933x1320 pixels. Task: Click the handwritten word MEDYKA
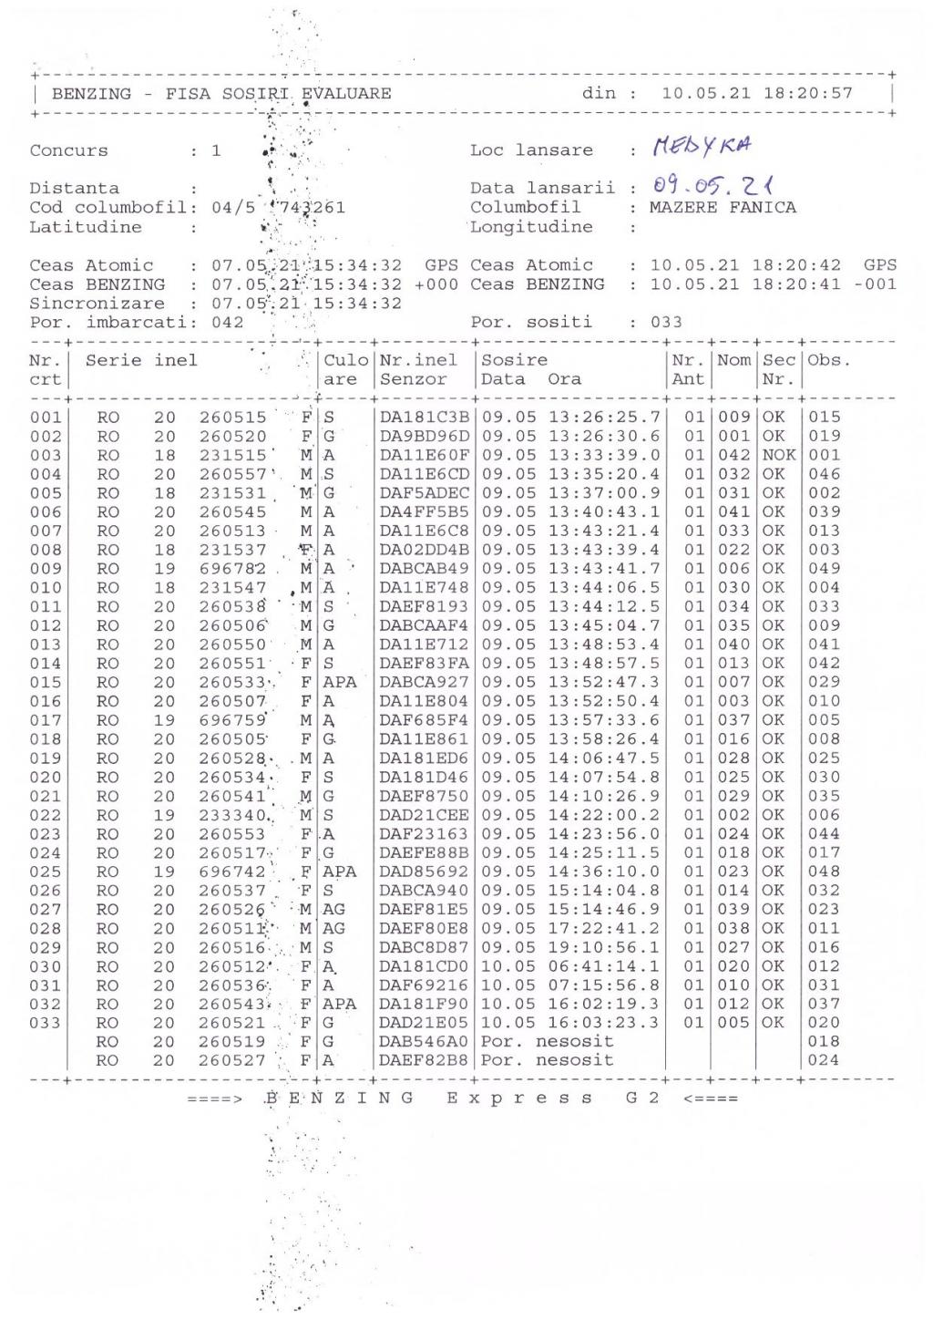coord(701,146)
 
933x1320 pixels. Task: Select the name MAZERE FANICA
coord(723,208)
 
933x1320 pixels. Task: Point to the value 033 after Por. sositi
coord(666,323)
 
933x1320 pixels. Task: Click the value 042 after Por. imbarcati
coord(228,323)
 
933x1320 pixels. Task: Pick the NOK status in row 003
coord(779,455)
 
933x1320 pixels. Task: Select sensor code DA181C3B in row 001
coord(424,418)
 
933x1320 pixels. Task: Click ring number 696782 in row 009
coord(232,569)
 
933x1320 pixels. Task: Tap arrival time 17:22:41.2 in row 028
coord(603,929)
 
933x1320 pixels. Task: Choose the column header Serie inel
coord(141,361)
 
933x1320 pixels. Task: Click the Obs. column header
coord(827,361)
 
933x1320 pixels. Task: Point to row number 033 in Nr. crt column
coord(46,1024)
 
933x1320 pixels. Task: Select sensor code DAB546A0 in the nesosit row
coord(424,1042)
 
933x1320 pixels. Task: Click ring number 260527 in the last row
coord(232,1061)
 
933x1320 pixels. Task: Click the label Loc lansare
coord(531,150)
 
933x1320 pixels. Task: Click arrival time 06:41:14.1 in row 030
coord(603,967)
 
